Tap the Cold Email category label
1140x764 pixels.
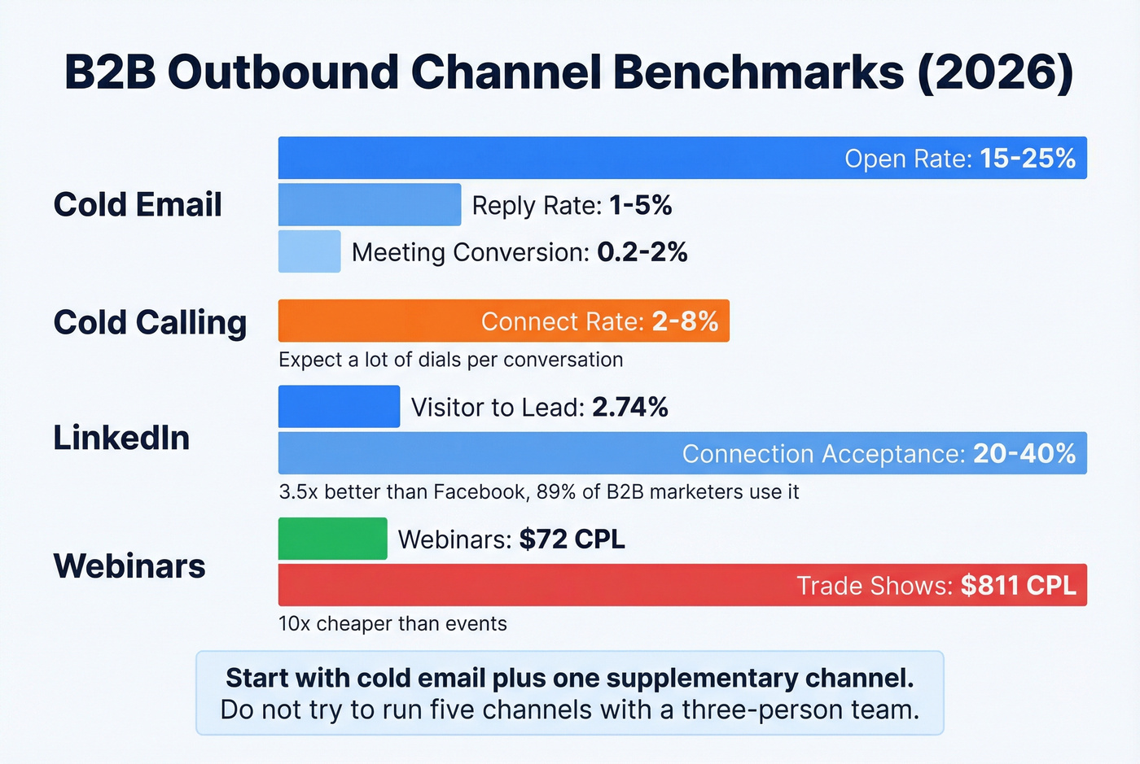coord(138,204)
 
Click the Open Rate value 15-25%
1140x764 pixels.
coord(1028,158)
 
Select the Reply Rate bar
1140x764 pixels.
coord(370,204)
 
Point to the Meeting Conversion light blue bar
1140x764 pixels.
coord(309,251)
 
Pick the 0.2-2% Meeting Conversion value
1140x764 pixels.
coord(642,252)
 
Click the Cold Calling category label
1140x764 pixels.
coord(150,322)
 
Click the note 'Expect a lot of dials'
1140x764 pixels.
coord(450,360)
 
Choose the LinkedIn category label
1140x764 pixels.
coord(121,438)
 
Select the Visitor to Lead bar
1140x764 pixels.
coord(339,407)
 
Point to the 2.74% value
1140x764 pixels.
coord(630,407)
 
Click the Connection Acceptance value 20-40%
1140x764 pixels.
coord(1024,453)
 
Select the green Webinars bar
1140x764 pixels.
coord(332,539)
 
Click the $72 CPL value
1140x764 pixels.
coord(572,539)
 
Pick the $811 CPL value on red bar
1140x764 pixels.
coord(1018,586)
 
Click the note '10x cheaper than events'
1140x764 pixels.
coord(392,624)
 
